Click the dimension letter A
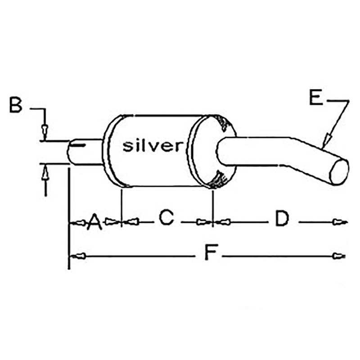tap(94, 221)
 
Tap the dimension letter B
tap(16, 106)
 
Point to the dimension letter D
tap(282, 219)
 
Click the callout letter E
tap(316, 97)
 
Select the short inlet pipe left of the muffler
tap(85, 152)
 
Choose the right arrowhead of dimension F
tap(338, 256)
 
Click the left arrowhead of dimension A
tap(79, 222)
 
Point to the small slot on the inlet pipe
tap(77, 146)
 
